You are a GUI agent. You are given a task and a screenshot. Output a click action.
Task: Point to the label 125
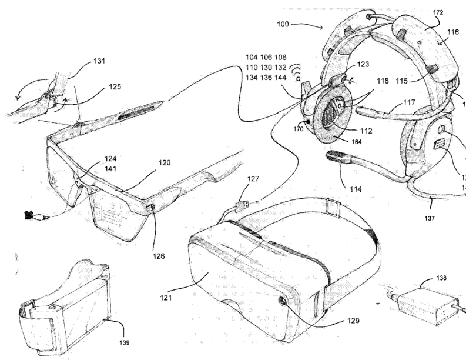(115, 87)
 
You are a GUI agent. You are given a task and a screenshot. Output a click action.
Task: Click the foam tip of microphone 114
(333, 155)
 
